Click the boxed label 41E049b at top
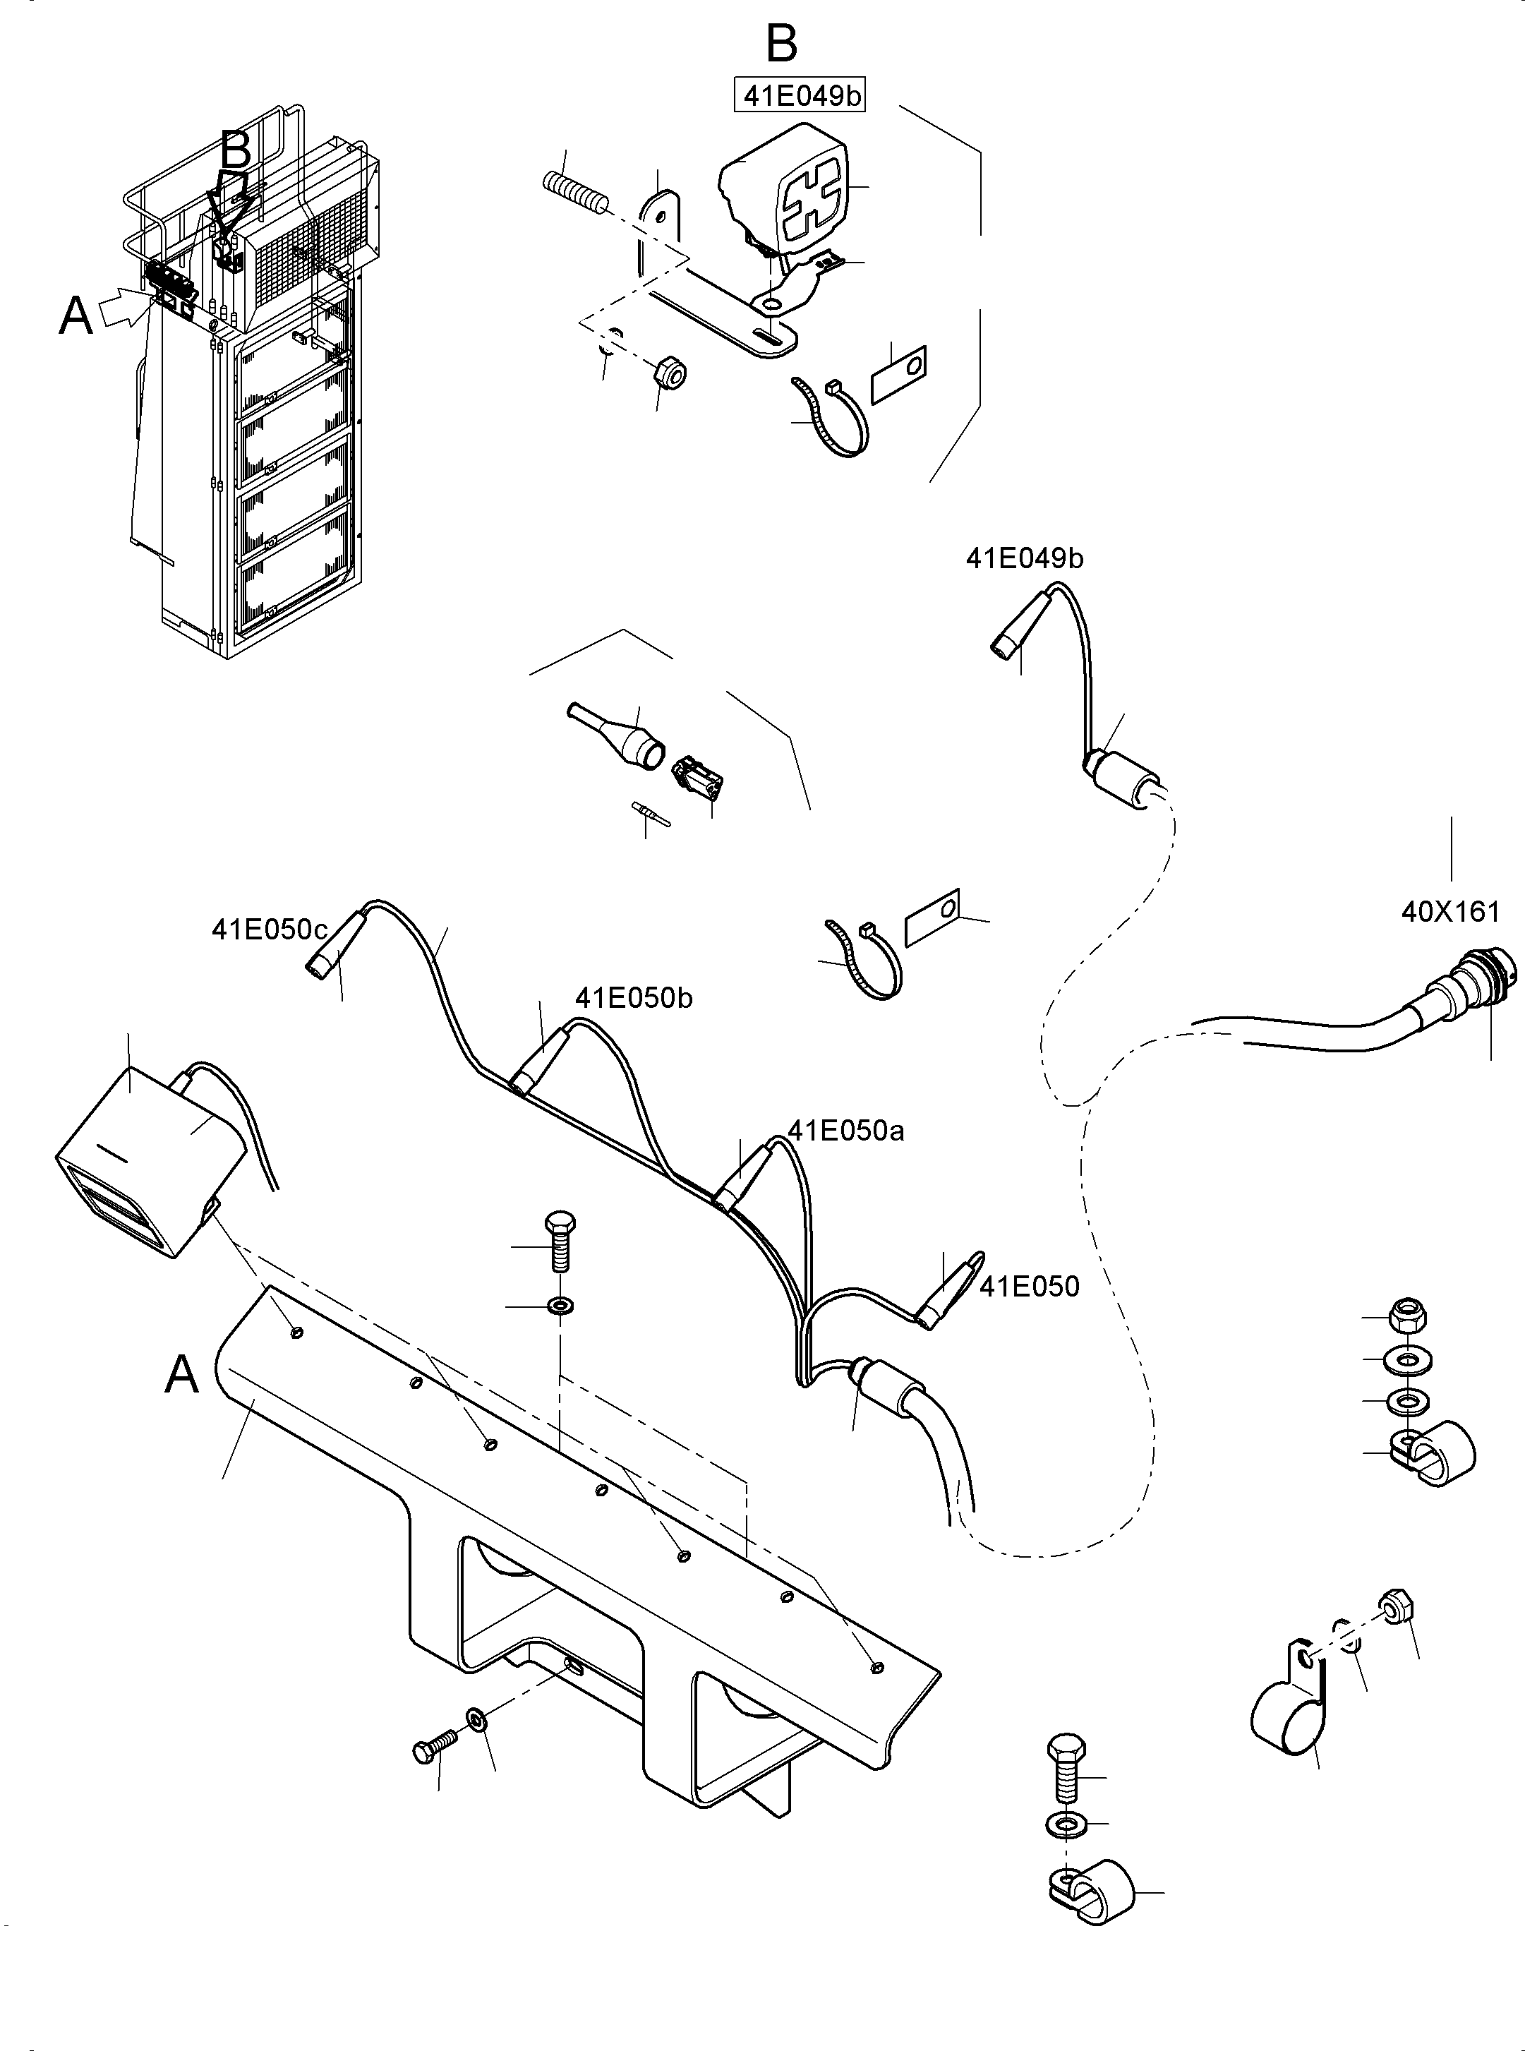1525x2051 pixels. coord(800,96)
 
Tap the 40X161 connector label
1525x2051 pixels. coord(1450,912)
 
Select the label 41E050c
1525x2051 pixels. coord(270,930)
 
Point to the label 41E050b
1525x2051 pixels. coord(633,998)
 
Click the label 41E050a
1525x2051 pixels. coord(845,1131)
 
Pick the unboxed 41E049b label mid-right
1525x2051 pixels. coord(1025,558)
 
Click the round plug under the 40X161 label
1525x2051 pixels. coord(1459,985)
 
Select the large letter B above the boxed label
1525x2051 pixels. coord(782,42)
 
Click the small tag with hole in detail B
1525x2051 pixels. coord(898,374)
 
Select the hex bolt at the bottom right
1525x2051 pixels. coord(1066,1767)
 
